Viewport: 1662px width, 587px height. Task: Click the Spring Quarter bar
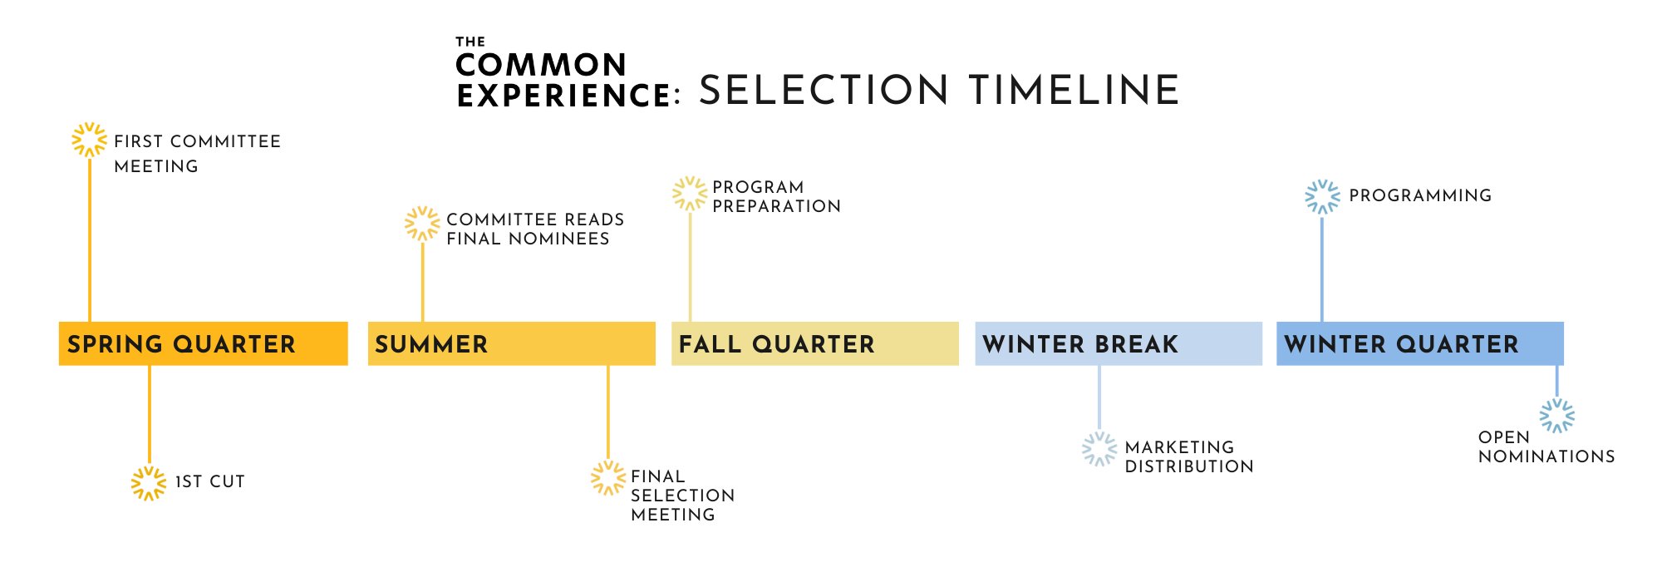click(203, 343)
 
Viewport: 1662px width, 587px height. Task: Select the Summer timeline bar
click(511, 343)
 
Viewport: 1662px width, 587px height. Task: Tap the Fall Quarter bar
click(814, 343)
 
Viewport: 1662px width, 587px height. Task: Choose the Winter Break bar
click(1118, 343)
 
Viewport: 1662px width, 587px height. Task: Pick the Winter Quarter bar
click(1419, 343)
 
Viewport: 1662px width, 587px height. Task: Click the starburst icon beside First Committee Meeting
click(89, 140)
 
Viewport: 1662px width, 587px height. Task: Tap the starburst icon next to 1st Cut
click(149, 483)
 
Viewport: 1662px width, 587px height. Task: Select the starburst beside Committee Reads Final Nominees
click(422, 224)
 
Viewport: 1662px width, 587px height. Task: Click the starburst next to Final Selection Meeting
click(608, 478)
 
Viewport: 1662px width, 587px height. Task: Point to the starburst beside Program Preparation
click(690, 194)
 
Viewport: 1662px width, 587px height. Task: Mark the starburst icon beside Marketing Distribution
click(1099, 449)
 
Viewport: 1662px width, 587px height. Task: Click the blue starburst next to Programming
click(1322, 197)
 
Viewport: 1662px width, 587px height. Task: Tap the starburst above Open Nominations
click(1556, 416)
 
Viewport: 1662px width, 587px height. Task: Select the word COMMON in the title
click(541, 65)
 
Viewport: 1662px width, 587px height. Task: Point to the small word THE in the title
click(470, 42)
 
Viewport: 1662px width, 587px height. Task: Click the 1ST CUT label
click(209, 481)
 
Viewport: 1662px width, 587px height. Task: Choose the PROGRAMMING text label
click(1420, 195)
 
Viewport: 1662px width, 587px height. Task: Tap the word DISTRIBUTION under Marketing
click(1189, 466)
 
